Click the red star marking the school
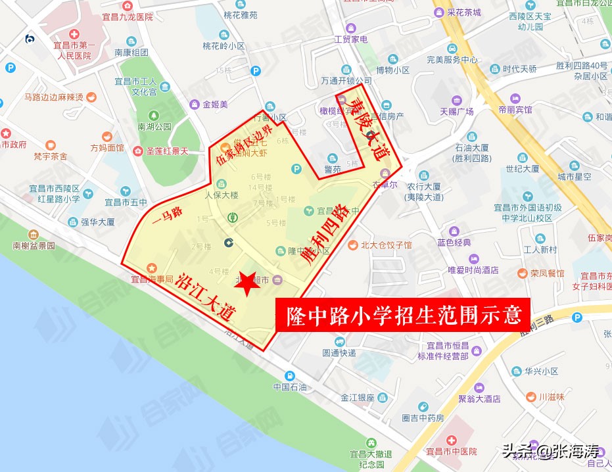pyautogui.click(x=247, y=284)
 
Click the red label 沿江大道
pyautogui.click(x=206, y=296)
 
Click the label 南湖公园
pyautogui.click(x=154, y=126)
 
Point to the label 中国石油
pyautogui.click(x=291, y=387)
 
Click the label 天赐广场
pyautogui.click(x=457, y=111)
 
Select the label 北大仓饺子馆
pyautogui.click(x=386, y=245)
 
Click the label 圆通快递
pyautogui.click(x=339, y=352)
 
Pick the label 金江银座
pyautogui.click(x=358, y=398)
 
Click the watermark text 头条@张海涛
pyautogui.click(x=551, y=452)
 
